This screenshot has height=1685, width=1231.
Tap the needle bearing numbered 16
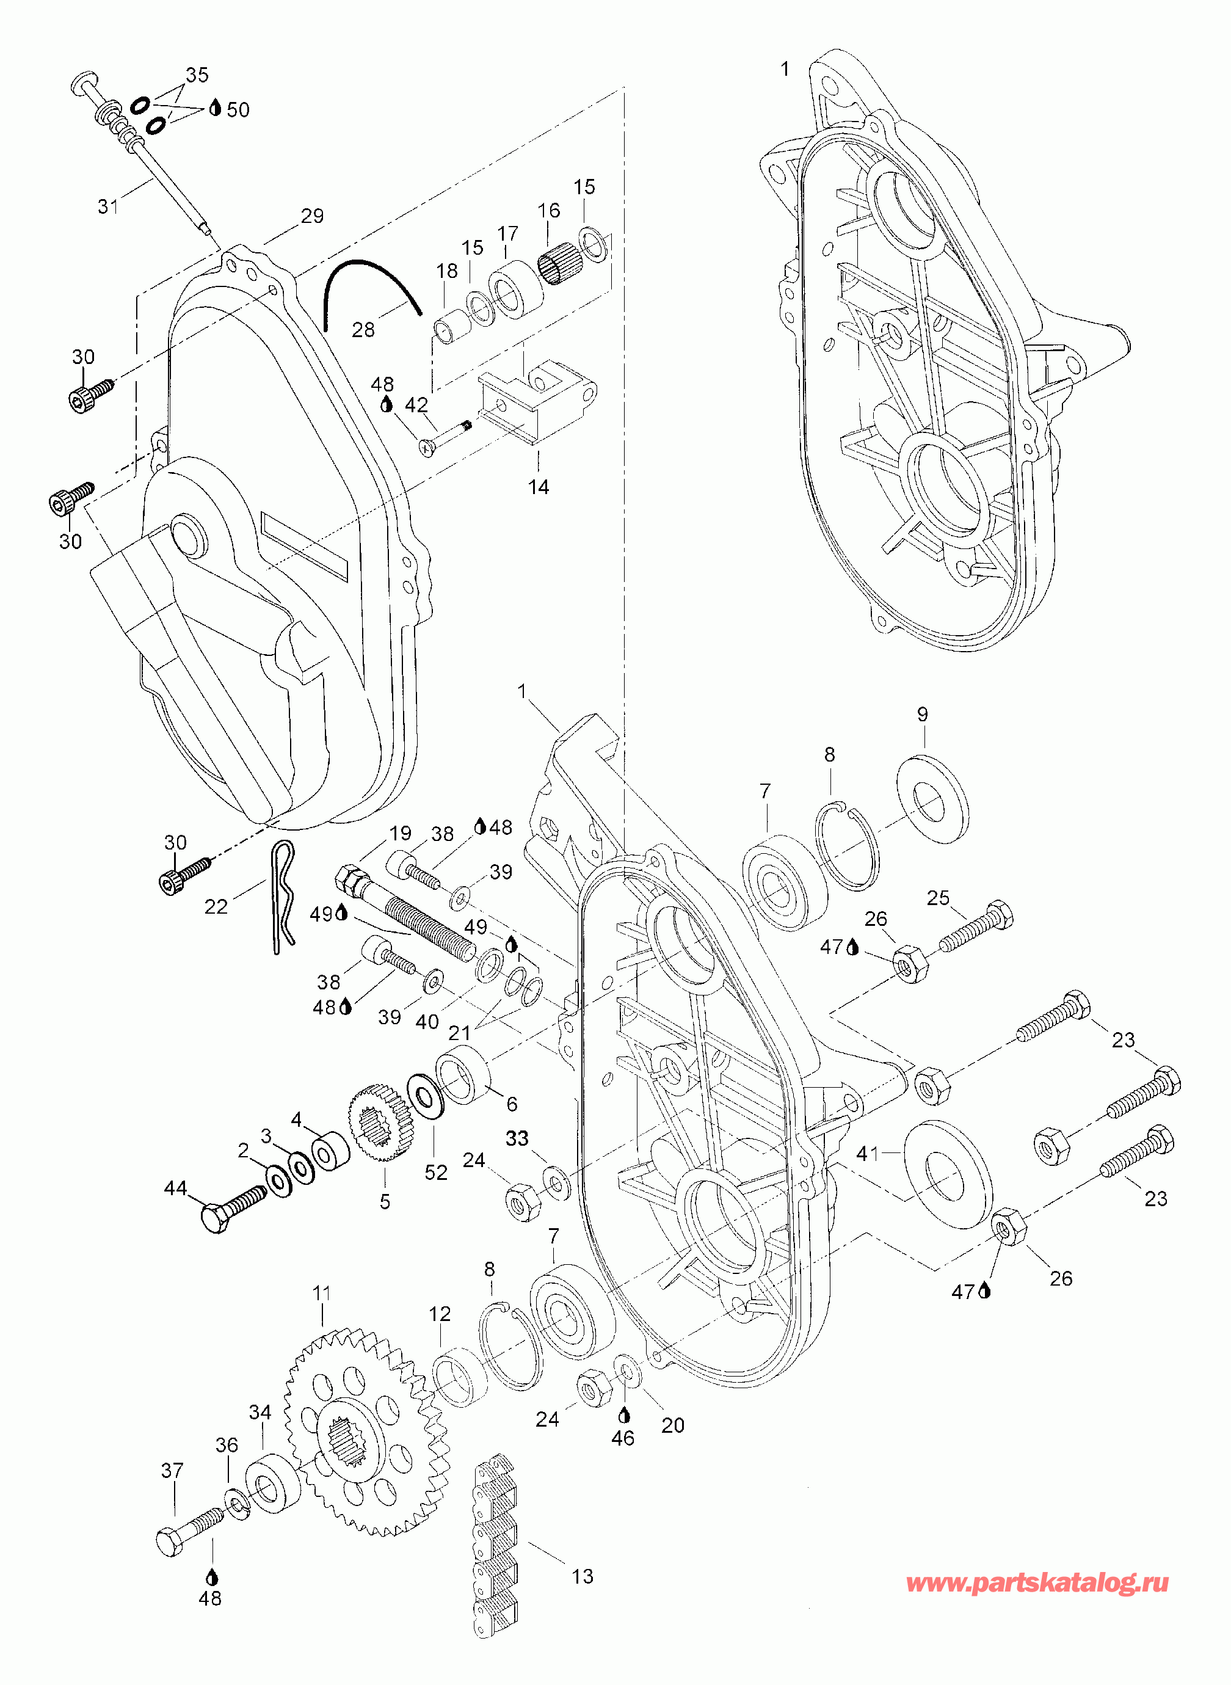click(559, 263)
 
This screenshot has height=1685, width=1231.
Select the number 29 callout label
click(312, 216)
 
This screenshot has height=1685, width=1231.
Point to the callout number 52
click(436, 1172)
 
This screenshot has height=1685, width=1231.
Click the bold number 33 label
click(517, 1138)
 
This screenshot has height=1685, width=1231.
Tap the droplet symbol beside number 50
click(216, 108)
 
